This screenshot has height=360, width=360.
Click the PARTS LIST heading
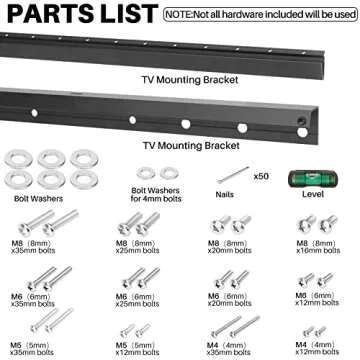80,15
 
